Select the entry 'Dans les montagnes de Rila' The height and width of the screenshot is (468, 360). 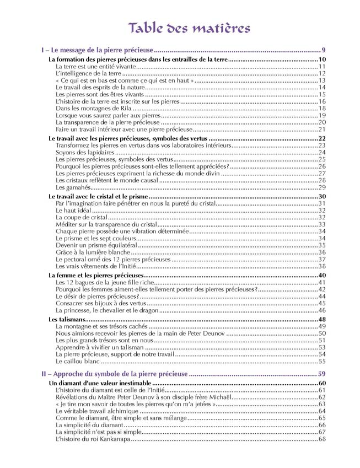90,109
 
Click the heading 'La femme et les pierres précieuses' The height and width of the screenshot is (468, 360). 96,275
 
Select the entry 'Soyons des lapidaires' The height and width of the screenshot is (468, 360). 83,153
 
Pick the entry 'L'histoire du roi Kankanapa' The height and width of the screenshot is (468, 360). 93,439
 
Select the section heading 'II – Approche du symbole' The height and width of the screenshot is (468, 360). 115,374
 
